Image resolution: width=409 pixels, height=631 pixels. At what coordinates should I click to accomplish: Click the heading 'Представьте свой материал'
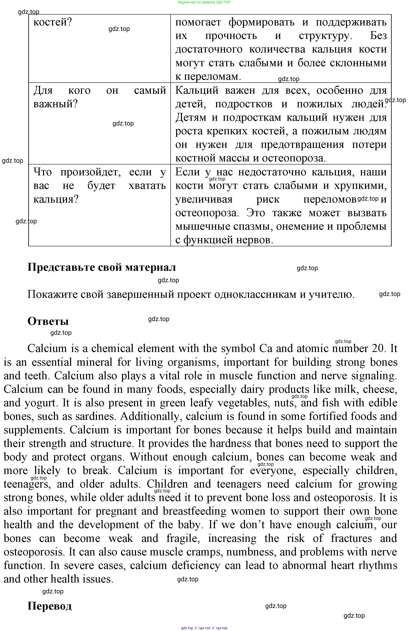click(x=102, y=267)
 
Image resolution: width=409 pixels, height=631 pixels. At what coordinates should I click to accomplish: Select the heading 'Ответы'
click(x=48, y=321)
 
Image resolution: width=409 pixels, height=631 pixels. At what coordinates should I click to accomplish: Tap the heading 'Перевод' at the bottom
click(x=49, y=606)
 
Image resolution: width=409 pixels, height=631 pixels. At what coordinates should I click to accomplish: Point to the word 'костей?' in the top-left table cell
click(x=53, y=22)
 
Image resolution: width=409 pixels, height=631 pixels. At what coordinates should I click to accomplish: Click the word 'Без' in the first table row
click(x=378, y=36)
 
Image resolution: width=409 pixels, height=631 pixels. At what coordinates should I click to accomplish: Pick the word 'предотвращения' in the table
click(x=302, y=145)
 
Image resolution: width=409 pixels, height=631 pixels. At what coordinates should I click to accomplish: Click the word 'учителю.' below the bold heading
click(x=332, y=294)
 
